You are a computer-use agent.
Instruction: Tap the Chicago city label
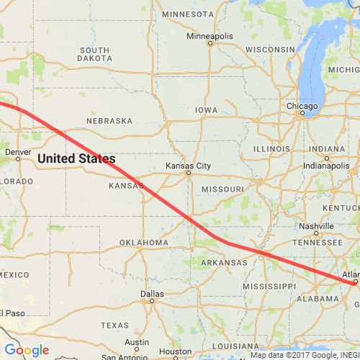pyautogui.click(x=302, y=107)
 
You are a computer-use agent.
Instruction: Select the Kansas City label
pyautogui.click(x=188, y=166)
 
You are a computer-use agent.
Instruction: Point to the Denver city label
pyautogui.click(x=18, y=152)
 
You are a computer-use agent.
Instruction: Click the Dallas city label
pyautogui.click(x=153, y=294)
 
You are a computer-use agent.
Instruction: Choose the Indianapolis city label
pyautogui.click(x=325, y=164)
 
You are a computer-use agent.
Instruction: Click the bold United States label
pyautogui.click(x=76, y=158)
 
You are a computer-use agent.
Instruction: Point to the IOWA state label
pyautogui.click(x=205, y=110)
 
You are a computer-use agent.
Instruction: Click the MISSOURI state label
pyautogui.click(x=222, y=188)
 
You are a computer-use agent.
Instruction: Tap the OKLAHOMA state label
pyautogui.click(x=143, y=243)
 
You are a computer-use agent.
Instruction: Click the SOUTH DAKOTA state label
pyautogui.click(x=94, y=54)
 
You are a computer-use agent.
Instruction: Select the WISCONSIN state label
pyautogui.click(x=271, y=49)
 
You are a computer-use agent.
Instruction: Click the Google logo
pyautogui.click(x=26, y=351)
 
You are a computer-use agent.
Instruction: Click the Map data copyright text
pyautogui.click(x=302, y=355)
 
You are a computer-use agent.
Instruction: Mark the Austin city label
pyautogui.click(x=136, y=342)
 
